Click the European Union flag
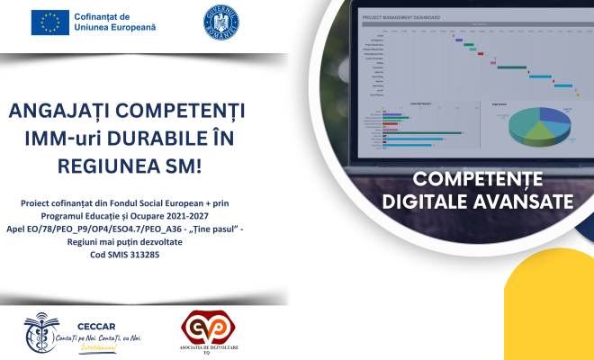click(x=50, y=22)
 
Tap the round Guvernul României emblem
click(x=221, y=22)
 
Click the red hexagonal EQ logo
click(x=203, y=328)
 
